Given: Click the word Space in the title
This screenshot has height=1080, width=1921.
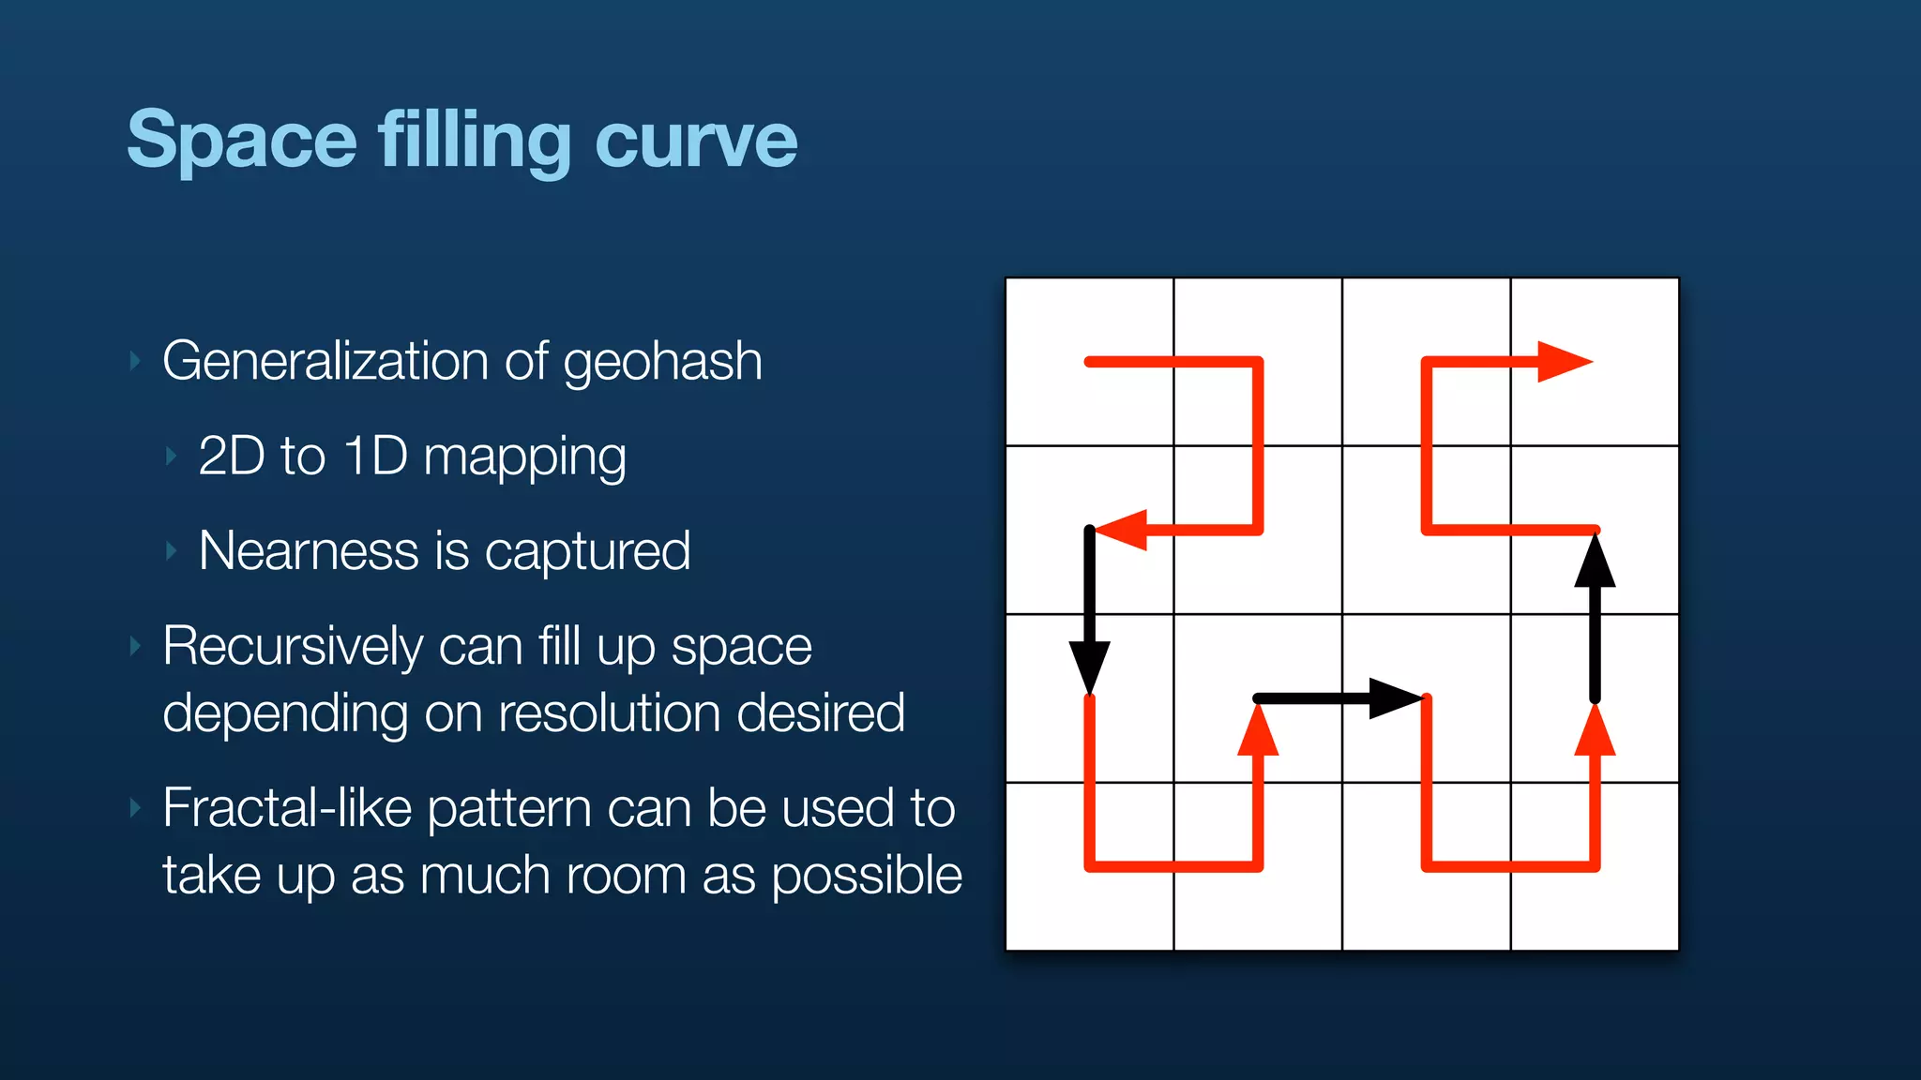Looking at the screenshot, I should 242,141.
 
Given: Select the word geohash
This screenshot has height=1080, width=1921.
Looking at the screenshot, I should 662,362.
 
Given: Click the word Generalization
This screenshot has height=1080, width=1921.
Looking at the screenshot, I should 326,362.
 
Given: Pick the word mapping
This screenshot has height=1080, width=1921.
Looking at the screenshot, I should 524,458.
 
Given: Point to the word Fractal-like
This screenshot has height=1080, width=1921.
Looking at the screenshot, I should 287,808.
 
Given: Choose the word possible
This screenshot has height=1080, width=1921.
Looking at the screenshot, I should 867,877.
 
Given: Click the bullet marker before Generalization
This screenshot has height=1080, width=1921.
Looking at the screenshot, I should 135,361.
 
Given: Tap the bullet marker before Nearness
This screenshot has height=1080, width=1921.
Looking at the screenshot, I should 171,550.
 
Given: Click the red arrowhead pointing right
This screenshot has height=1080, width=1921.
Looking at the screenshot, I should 1564,362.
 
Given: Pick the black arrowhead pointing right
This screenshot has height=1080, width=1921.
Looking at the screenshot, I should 1395,698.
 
